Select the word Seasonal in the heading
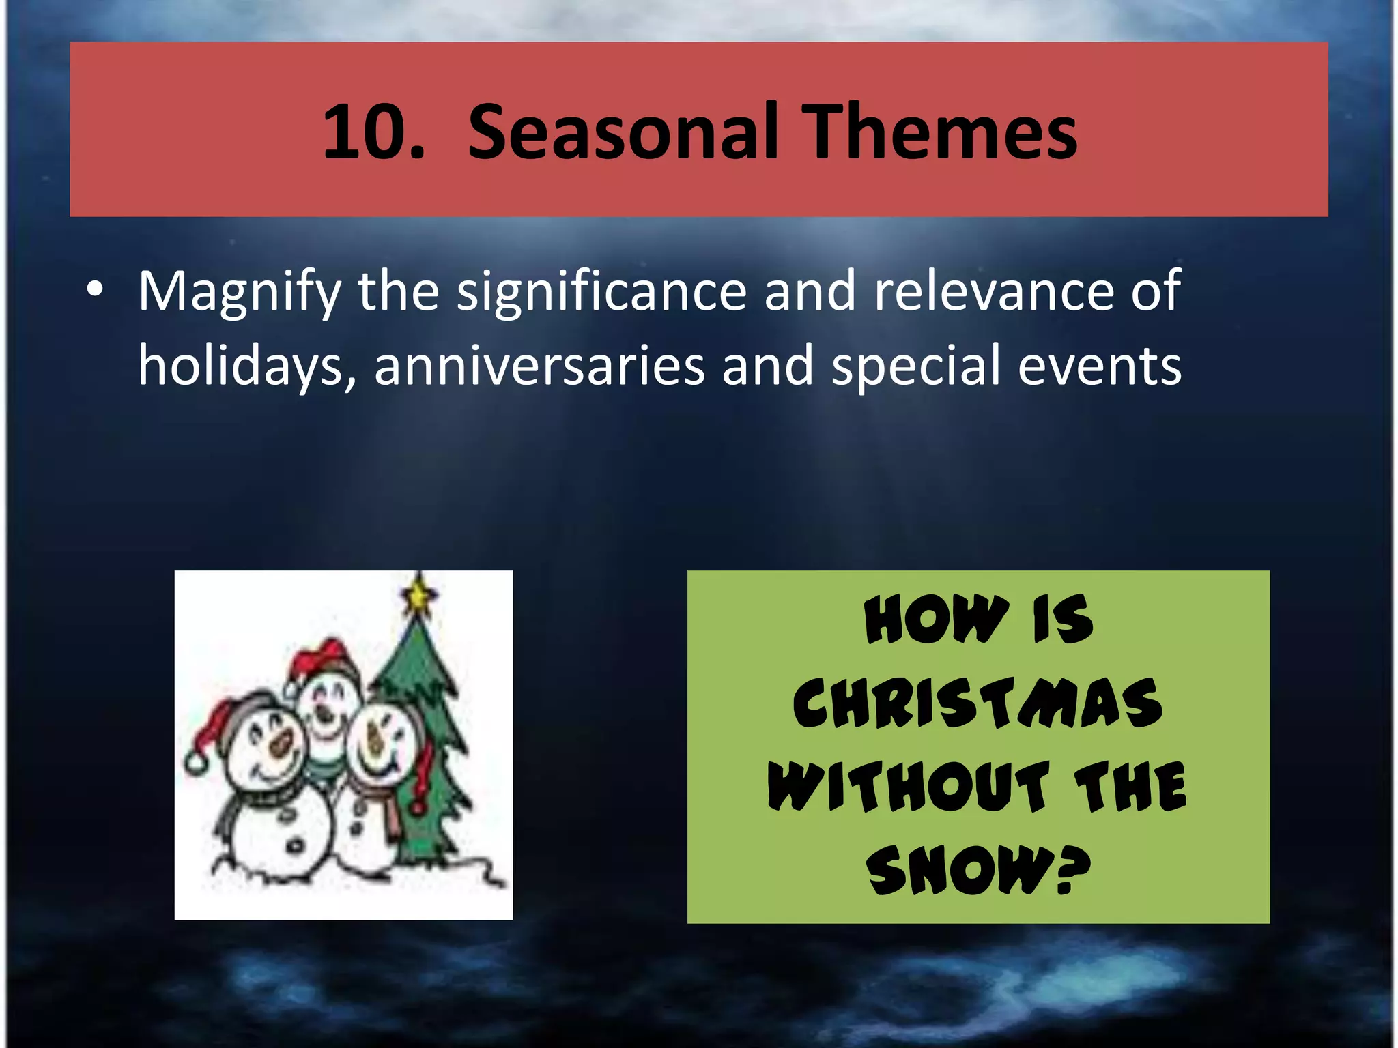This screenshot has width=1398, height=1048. (623, 132)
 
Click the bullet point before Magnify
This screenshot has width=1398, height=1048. (95, 290)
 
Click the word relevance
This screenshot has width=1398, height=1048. (993, 292)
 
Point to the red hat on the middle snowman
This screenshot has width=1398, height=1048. (321, 656)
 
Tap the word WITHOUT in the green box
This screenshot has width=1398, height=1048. (909, 787)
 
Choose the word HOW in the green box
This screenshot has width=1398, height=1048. (936, 620)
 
